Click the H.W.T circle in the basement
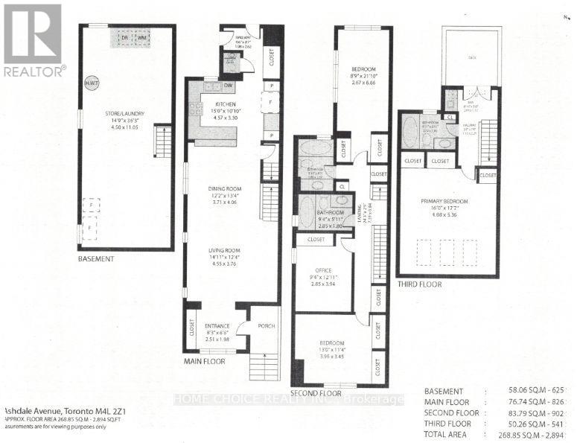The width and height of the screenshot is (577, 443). (x=91, y=83)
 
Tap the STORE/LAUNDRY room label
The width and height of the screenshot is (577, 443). (x=124, y=113)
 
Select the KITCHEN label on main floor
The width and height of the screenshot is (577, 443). (x=226, y=104)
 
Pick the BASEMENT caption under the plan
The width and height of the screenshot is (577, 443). (x=96, y=259)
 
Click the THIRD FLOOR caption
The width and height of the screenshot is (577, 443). (x=419, y=284)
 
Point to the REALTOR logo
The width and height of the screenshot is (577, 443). (x=33, y=42)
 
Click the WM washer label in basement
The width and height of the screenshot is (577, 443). (x=141, y=36)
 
